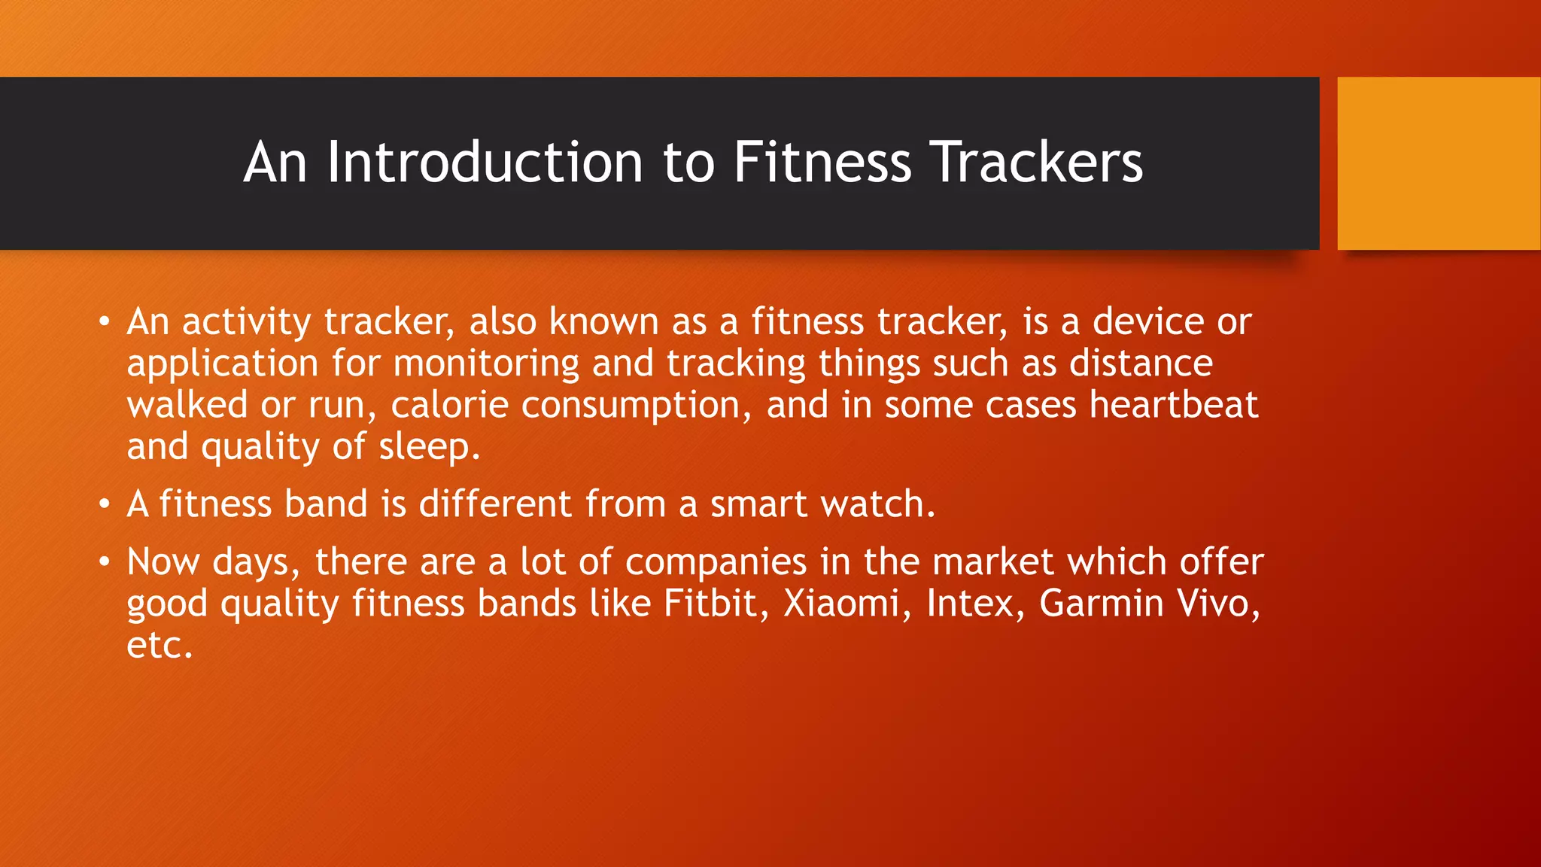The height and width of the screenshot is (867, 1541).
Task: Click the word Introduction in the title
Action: coord(485,163)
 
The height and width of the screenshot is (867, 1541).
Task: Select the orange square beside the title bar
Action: coord(1439,163)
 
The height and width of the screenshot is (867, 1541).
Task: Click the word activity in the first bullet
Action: coord(246,323)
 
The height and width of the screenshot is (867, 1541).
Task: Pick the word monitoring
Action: coord(486,364)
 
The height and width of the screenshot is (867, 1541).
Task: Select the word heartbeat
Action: coord(1173,405)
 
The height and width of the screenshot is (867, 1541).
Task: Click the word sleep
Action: coord(429,448)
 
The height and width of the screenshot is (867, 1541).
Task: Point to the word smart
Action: coord(758,504)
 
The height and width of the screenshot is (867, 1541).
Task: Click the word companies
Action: coord(716,562)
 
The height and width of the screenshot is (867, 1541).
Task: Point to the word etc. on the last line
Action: coord(160,646)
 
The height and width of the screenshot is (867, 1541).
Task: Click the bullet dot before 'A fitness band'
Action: coord(105,503)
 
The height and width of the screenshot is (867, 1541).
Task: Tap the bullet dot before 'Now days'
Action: coord(105,561)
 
